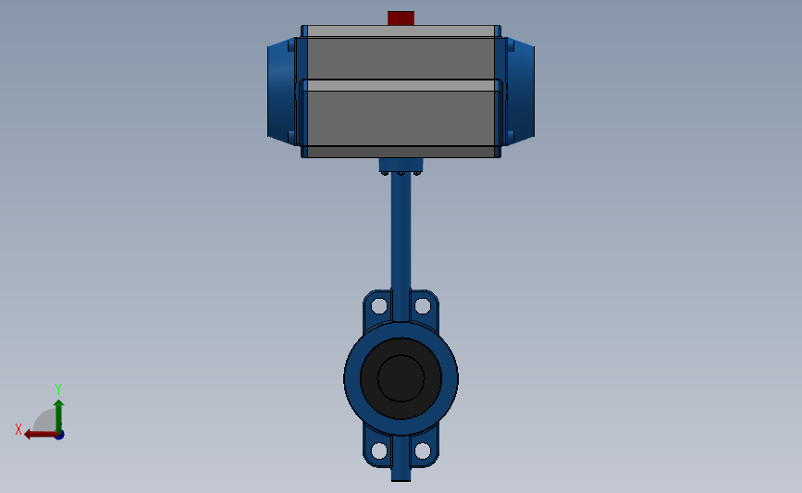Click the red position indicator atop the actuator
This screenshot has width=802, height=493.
pyautogui.click(x=401, y=18)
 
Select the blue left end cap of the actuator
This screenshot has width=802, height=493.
pyautogui.click(x=279, y=91)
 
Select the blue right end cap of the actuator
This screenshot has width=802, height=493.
pyautogui.click(x=521, y=91)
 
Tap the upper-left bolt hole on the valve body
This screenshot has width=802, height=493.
pyautogui.click(x=378, y=305)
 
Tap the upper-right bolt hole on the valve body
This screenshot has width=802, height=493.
pyautogui.click(x=422, y=305)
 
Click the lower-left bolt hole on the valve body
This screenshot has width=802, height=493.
pyautogui.click(x=378, y=450)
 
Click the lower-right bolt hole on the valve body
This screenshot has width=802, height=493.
pyautogui.click(x=422, y=450)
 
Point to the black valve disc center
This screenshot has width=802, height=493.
pyautogui.click(x=401, y=377)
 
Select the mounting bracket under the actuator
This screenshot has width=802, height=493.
pyautogui.click(x=401, y=166)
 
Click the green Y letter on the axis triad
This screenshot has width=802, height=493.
pyautogui.click(x=57, y=389)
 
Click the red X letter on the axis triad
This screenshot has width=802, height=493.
pyautogui.click(x=19, y=429)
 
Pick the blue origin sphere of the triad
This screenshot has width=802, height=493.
pyautogui.click(x=59, y=435)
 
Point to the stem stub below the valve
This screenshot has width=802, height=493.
pyautogui.click(x=401, y=472)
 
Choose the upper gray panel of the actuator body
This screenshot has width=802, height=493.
pyautogui.click(x=400, y=57)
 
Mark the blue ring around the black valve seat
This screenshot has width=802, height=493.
pyautogui.click(x=352, y=377)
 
